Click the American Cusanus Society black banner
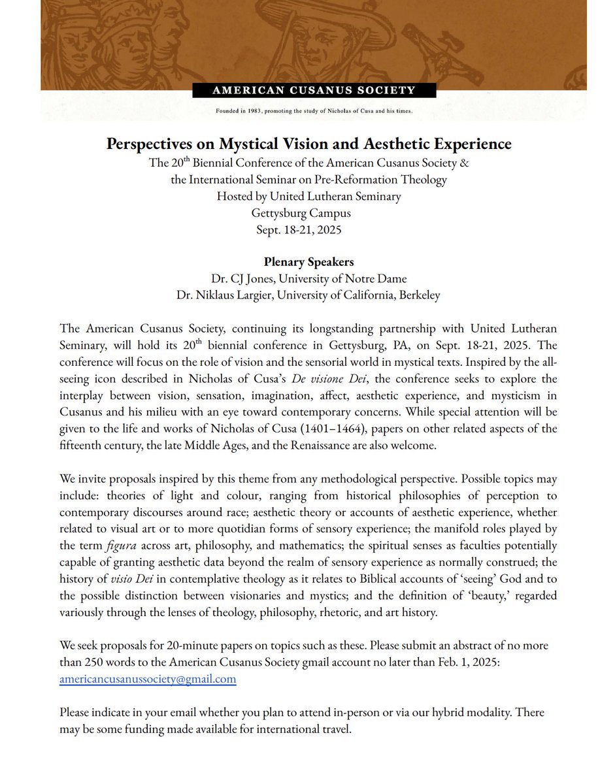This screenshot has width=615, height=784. [314, 90]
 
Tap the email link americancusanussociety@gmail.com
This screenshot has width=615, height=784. [148, 679]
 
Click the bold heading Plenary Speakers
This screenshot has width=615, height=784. [308, 262]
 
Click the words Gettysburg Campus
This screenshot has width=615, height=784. [308, 212]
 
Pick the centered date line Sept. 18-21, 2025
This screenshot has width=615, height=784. [308, 229]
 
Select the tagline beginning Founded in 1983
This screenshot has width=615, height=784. [314, 111]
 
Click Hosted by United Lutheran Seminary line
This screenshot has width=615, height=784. [308, 195]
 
